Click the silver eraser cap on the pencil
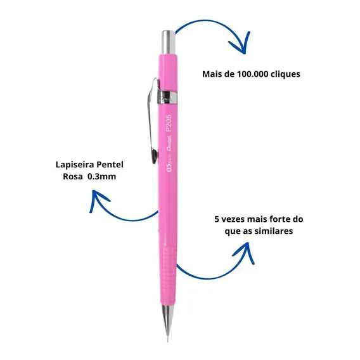[169, 42]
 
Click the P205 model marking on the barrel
[169, 123]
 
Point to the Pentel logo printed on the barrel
[169, 143]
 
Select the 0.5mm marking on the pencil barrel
[169, 163]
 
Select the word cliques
[285, 74]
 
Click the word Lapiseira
[75, 165]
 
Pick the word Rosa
[73, 177]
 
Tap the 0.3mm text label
[102, 177]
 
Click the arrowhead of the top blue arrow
[241, 44]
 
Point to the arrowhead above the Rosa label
[98, 200]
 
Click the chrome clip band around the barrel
[167, 97]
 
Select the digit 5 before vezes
[217, 219]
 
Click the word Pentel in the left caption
[110, 165]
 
